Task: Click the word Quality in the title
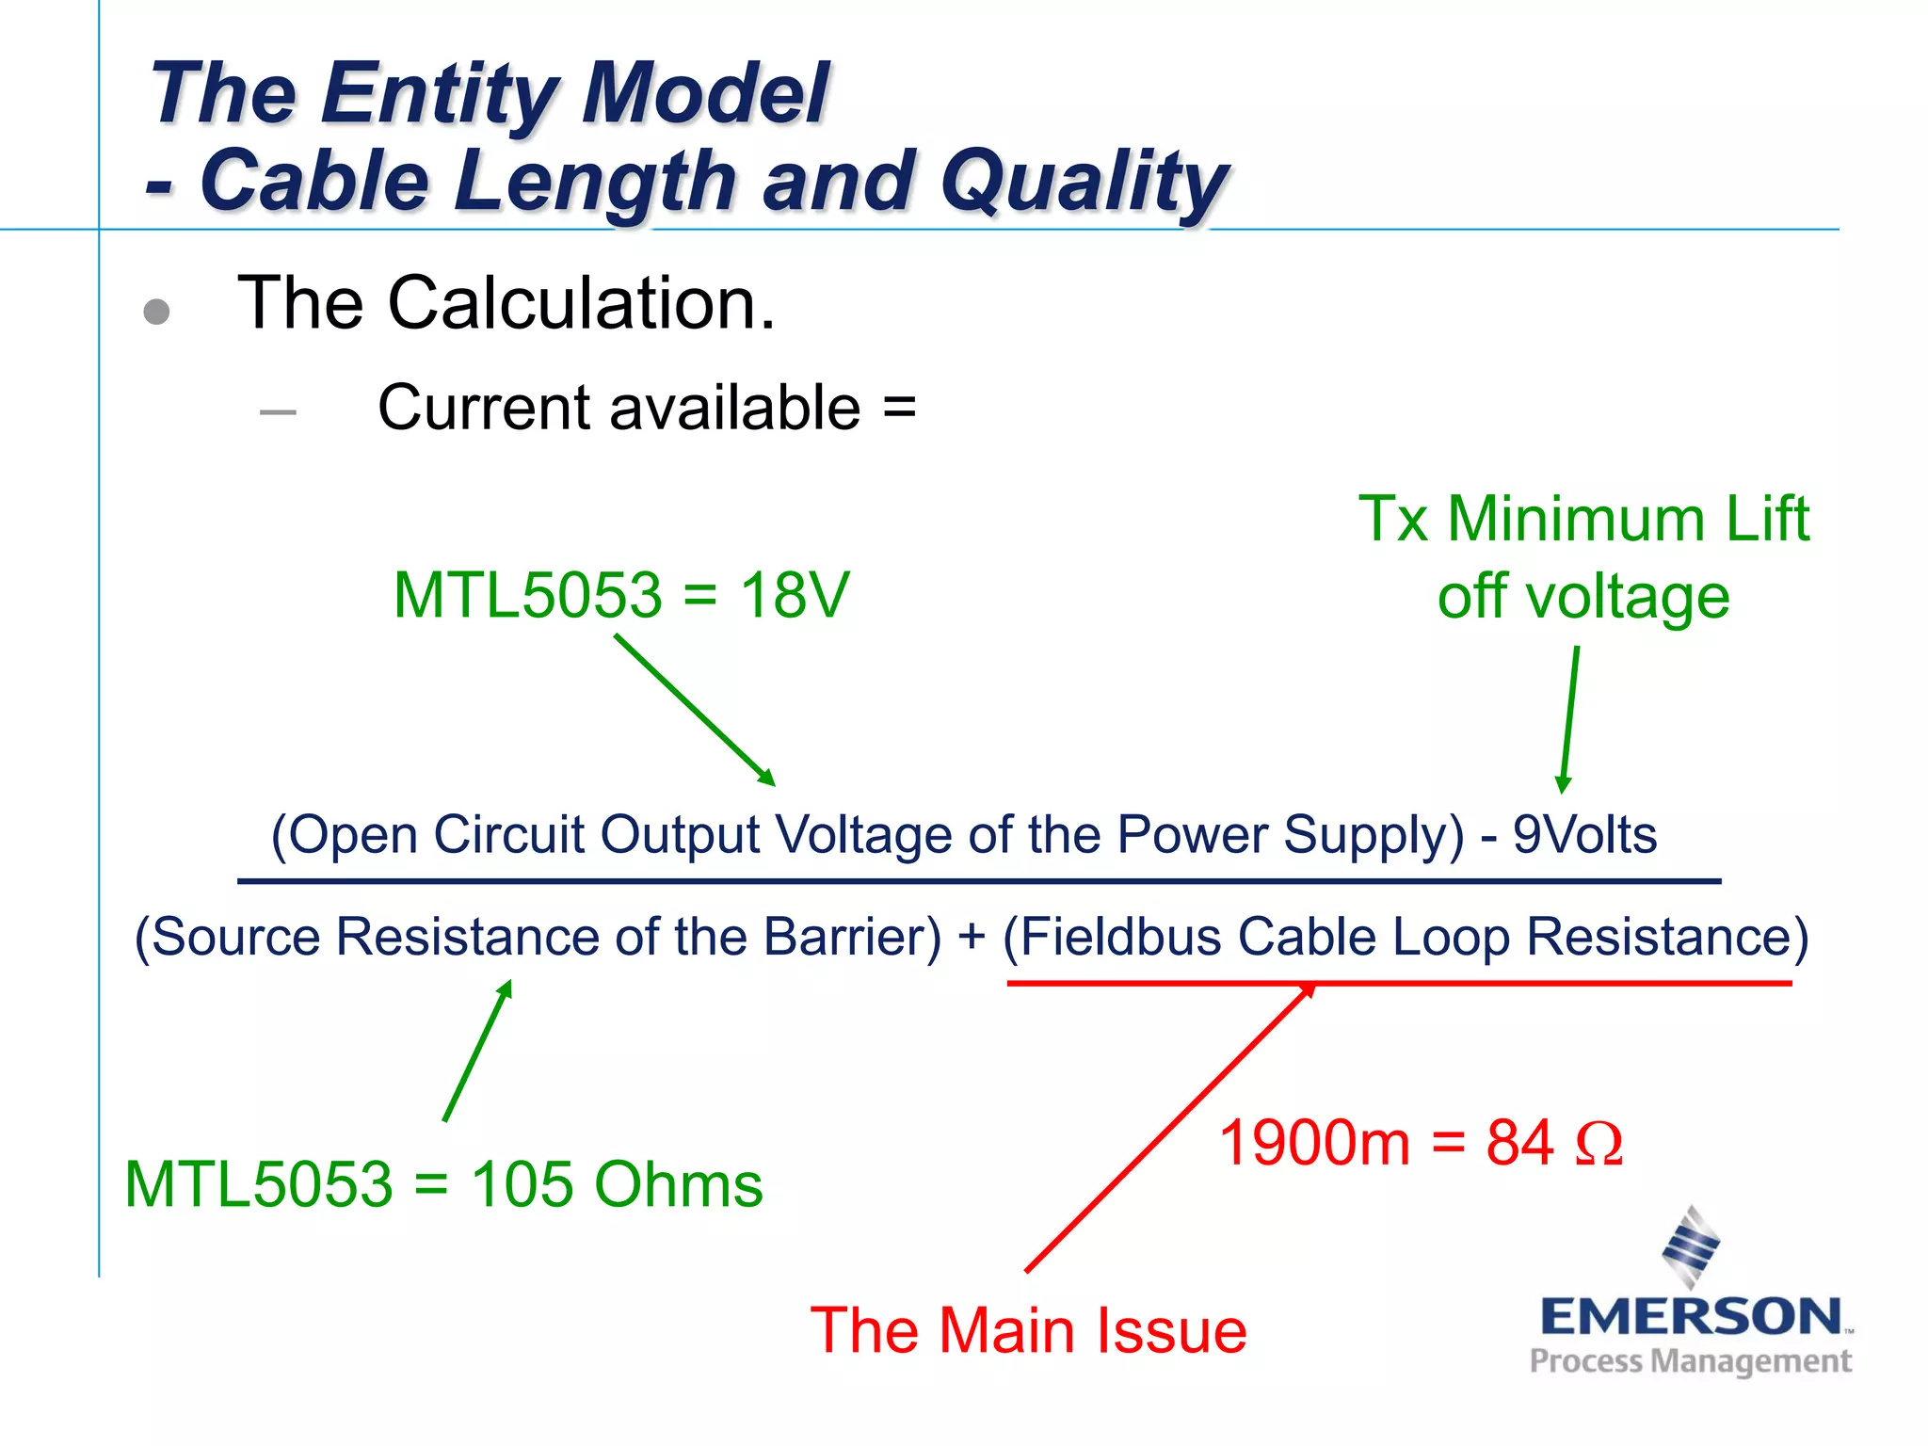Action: [x=1083, y=181]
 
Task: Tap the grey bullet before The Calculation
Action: [x=156, y=312]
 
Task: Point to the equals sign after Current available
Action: [x=899, y=409]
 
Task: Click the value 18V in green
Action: [x=794, y=595]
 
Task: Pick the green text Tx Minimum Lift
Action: [x=1583, y=519]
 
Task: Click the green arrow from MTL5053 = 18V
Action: [x=695, y=710]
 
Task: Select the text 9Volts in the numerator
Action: [x=1584, y=835]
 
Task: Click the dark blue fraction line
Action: [x=979, y=881]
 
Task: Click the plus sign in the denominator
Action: [x=972, y=938]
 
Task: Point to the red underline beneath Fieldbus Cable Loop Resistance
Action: [x=1398, y=983]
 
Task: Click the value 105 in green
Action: [x=523, y=1184]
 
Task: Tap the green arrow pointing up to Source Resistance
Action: [x=477, y=1051]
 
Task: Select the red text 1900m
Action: [x=1314, y=1144]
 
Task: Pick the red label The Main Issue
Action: [x=1028, y=1331]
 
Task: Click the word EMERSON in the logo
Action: [x=1691, y=1316]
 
